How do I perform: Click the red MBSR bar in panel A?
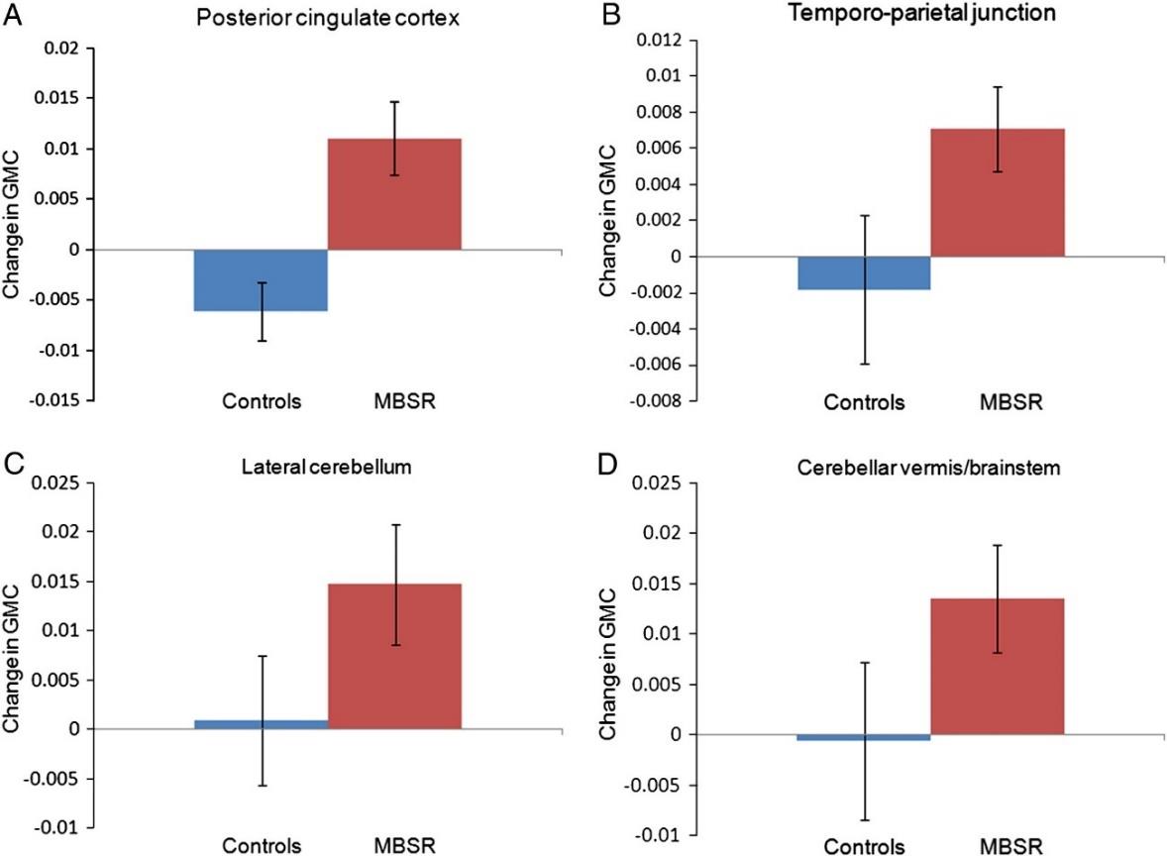(394, 194)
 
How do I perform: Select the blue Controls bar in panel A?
(261, 280)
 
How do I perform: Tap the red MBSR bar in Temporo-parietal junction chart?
(997, 192)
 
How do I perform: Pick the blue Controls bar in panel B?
(864, 273)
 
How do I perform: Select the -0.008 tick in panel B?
(657, 402)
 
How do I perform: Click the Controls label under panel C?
(262, 847)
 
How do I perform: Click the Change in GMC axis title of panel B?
(608, 220)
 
